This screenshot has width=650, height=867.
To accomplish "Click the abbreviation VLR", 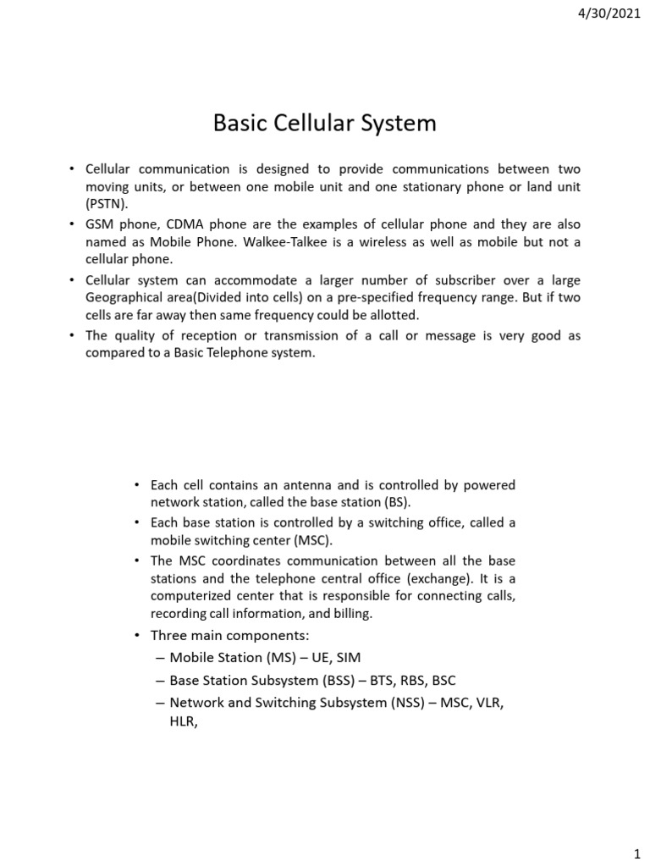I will click(x=489, y=702).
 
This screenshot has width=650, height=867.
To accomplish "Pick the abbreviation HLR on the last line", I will click(x=183, y=723).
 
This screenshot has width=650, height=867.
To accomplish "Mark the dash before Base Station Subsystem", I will click(x=160, y=680).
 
